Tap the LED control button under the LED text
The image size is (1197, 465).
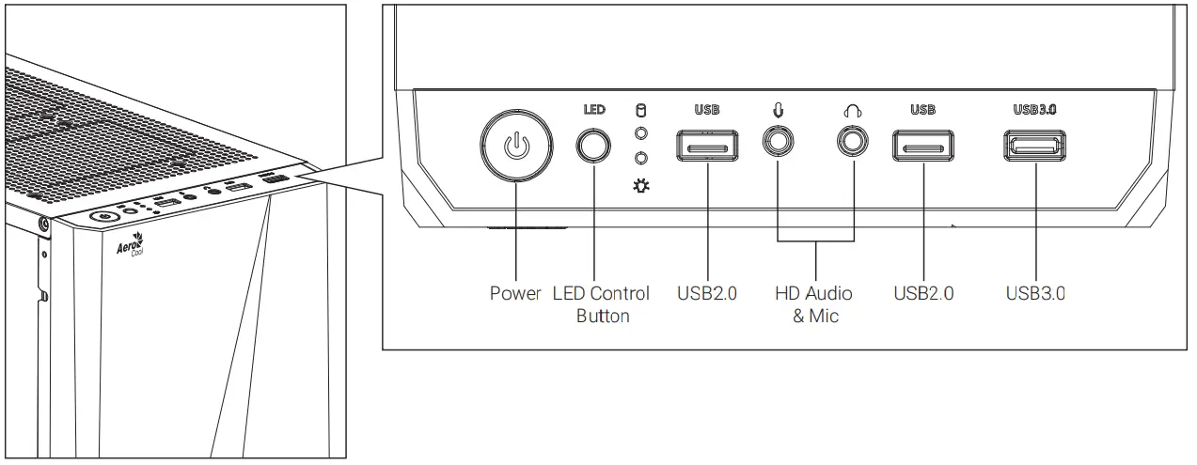pos(593,146)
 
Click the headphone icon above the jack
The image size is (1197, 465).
pos(853,111)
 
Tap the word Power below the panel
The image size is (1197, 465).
pos(515,293)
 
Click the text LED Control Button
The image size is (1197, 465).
pos(603,304)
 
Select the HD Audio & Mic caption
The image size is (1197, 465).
pos(815,304)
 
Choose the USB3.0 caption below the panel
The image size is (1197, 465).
pos(1035,293)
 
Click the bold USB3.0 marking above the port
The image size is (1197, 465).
pos(1035,109)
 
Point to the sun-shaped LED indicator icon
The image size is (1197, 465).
pos(641,188)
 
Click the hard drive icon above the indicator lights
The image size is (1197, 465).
pos(641,109)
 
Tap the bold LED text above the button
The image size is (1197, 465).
pos(593,109)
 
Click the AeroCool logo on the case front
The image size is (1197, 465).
pos(128,249)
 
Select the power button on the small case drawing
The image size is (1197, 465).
pos(102,217)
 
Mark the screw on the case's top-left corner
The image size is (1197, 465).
pos(44,224)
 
